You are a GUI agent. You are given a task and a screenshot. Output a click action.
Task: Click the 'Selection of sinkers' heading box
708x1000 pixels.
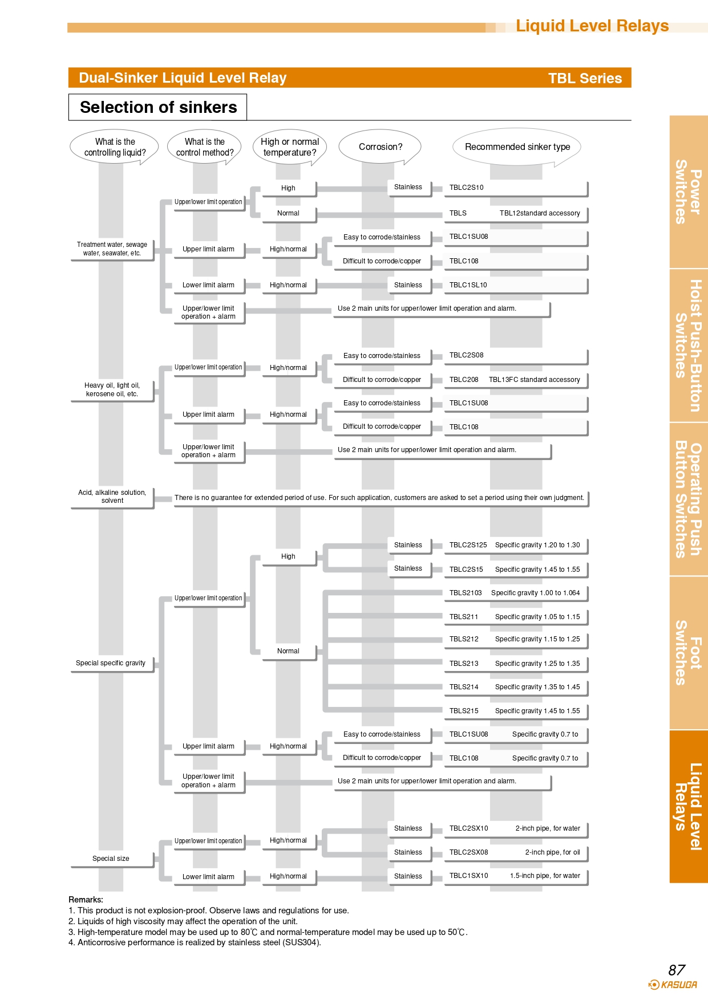click(157, 107)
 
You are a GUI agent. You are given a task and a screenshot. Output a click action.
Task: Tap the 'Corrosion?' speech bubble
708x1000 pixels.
click(380, 147)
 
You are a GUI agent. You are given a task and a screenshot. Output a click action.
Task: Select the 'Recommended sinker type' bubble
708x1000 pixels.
click(517, 147)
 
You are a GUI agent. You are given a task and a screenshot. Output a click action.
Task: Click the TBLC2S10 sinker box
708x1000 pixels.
click(516, 188)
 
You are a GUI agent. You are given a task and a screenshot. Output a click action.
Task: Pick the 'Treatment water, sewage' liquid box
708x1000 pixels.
click(112, 249)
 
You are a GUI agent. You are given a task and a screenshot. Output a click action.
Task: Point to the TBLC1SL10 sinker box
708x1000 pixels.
click(516, 286)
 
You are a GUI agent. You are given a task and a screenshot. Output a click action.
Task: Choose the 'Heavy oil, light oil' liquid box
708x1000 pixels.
click(112, 390)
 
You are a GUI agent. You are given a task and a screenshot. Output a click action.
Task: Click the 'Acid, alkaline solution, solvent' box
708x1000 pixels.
click(112, 497)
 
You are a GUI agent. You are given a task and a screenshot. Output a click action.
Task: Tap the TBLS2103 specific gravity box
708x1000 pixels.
click(516, 594)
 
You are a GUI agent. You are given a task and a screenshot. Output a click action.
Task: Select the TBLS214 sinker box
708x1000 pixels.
click(516, 688)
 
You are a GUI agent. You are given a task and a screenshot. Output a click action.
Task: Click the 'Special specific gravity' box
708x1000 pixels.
click(112, 664)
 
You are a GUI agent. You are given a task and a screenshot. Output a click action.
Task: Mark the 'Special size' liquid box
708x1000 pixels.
click(112, 859)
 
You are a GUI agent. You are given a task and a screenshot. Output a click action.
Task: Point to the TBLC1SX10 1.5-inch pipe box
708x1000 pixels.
click(516, 877)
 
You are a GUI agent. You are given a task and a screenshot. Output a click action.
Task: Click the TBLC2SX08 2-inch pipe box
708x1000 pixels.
click(516, 853)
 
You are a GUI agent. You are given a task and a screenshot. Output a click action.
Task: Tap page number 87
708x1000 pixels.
click(677, 970)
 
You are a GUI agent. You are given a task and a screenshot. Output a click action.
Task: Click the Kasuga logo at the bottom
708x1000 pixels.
click(673, 985)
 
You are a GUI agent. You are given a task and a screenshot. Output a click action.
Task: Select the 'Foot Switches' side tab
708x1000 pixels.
click(689, 653)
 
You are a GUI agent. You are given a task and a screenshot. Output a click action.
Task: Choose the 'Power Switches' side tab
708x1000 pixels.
click(689, 192)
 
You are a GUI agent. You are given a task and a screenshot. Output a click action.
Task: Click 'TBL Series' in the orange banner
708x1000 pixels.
click(585, 78)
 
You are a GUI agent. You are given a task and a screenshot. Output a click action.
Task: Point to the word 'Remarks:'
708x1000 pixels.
click(86, 900)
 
